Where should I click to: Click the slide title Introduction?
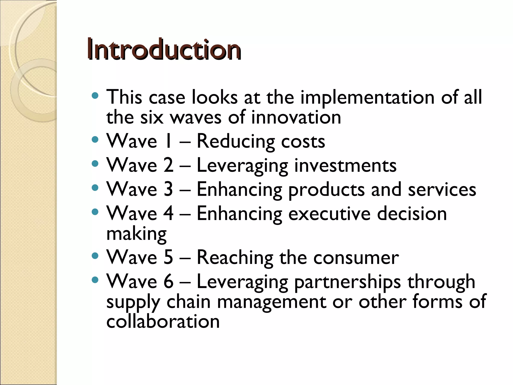[x=164, y=49]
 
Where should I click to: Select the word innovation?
[x=296, y=117]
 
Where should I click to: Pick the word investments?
[x=345, y=165]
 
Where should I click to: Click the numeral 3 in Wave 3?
[x=168, y=189]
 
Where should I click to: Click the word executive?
[x=329, y=214]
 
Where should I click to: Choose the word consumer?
[x=356, y=257]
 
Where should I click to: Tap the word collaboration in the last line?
[x=163, y=322]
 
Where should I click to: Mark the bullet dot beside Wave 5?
[x=95, y=256]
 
